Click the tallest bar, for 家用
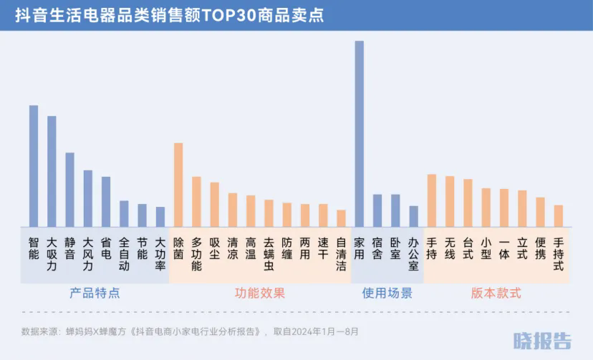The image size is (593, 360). point(359,134)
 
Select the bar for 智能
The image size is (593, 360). point(34,166)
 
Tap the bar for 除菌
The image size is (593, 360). point(178,185)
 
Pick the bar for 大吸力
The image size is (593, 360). point(52,171)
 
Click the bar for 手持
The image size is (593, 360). point(432,200)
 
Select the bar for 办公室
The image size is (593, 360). point(413,216)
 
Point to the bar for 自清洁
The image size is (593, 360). point(341,218)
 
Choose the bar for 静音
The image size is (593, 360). point(69,190)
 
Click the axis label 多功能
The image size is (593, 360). point(196,253)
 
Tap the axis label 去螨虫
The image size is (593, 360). point(269,253)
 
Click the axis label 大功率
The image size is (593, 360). point(160,253)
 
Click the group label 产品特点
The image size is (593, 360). point(95,293)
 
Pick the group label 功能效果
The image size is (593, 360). point(259,293)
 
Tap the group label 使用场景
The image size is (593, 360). point(387,293)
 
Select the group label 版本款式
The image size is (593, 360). point(496,293)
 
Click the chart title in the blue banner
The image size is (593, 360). point(169,16)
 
